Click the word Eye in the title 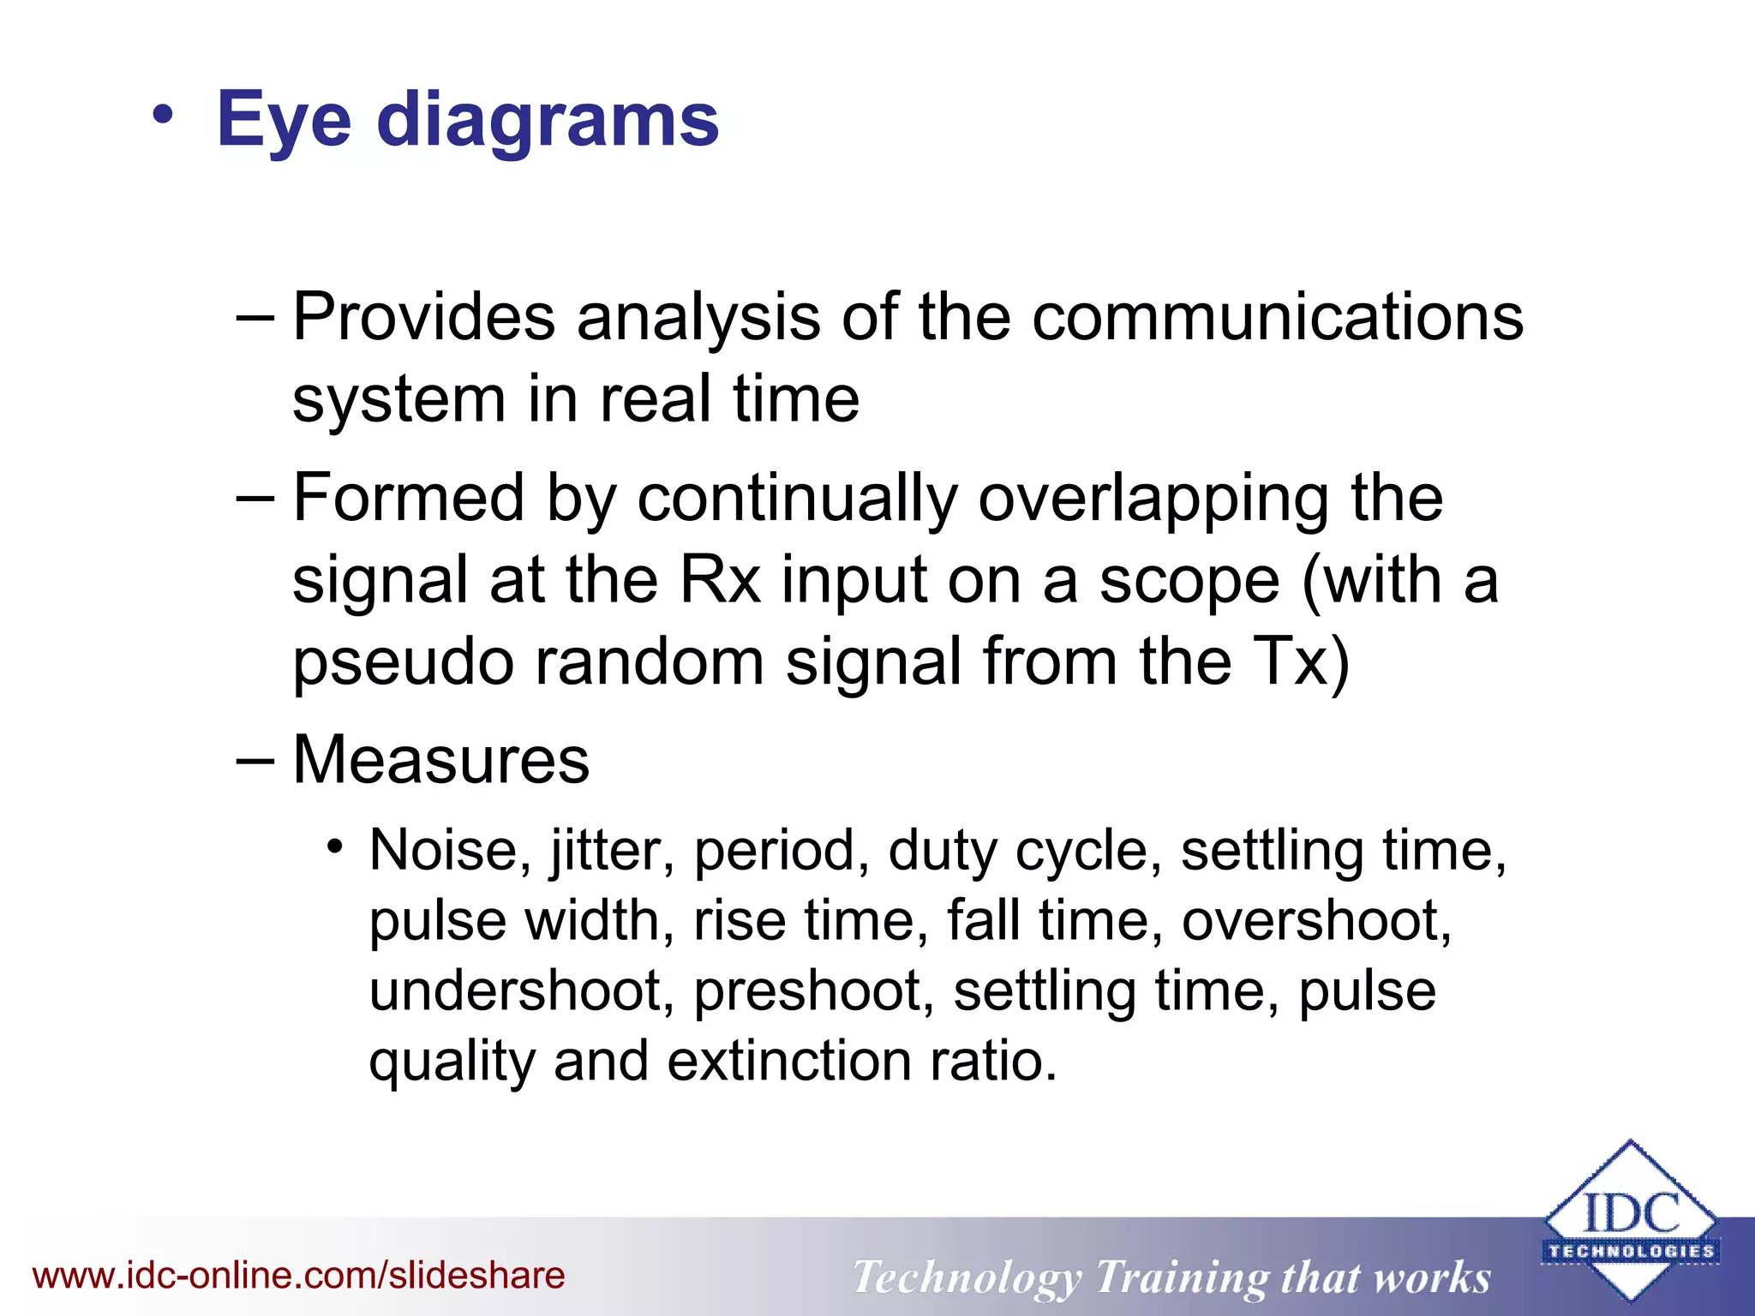[x=284, y=122]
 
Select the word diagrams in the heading [x=548, y=122]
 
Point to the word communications [x=1278, y=317]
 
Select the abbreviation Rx [x=720, y=580]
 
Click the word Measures [x=441, y=760]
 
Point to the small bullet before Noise [x=335, y=848]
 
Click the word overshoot [x=1315, y=921]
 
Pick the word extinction [x=788, y=1062]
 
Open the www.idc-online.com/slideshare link [x=299, y=1276]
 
